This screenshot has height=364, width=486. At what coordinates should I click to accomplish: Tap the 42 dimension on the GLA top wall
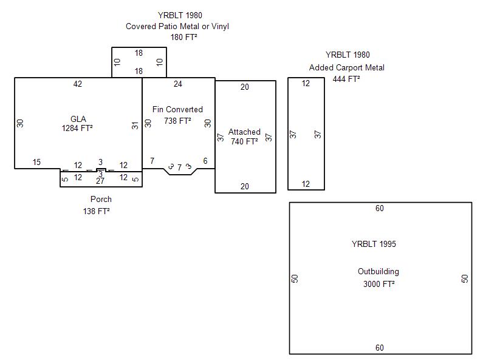[x=78, y=84]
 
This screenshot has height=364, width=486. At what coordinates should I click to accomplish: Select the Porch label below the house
[x=101, y=199]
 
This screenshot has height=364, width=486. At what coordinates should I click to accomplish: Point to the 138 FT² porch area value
[x=97, y=211]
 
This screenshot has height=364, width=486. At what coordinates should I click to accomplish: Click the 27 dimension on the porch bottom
[x=100, y=181]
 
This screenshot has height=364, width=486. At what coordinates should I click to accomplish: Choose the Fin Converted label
[x=177, y=110]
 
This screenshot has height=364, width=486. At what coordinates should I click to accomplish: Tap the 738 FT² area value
[x=177, y=121]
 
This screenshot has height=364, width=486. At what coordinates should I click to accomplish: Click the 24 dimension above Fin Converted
[x=178, y=84]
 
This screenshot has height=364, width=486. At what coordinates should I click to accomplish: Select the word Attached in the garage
[x=244, y=132]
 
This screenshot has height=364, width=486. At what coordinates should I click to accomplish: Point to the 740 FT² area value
[x=244, y=142]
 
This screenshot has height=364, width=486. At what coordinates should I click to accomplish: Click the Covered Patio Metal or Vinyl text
[x=177, y=26]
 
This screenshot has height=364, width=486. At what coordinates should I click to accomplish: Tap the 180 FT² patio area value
[x=183, y=37]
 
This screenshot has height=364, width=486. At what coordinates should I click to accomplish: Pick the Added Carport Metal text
[x=347, y=67]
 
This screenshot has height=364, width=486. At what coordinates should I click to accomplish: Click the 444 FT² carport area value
[x=346, y=78]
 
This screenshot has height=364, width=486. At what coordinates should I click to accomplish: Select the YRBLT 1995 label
[x=374, y=244]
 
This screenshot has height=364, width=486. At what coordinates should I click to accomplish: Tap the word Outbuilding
[x=378, y=272]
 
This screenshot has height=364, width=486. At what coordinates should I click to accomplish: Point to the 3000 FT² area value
[x=379, y=283]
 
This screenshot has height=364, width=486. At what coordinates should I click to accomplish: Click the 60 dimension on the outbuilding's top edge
[x=380, y=209]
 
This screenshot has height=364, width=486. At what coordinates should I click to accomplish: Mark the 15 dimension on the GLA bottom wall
[x=36, y=163]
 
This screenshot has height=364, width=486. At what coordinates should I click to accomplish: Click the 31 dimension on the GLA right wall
[x=135, y=126]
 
